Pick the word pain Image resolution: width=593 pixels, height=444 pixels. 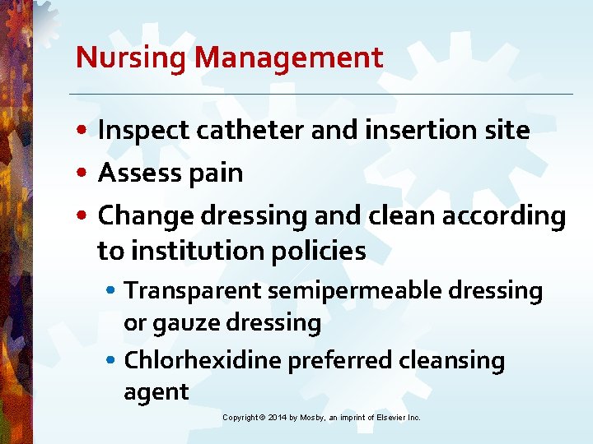[219, 173]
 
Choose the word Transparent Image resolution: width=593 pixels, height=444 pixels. [188, 291]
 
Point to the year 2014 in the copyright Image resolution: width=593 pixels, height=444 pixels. [277, 418]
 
